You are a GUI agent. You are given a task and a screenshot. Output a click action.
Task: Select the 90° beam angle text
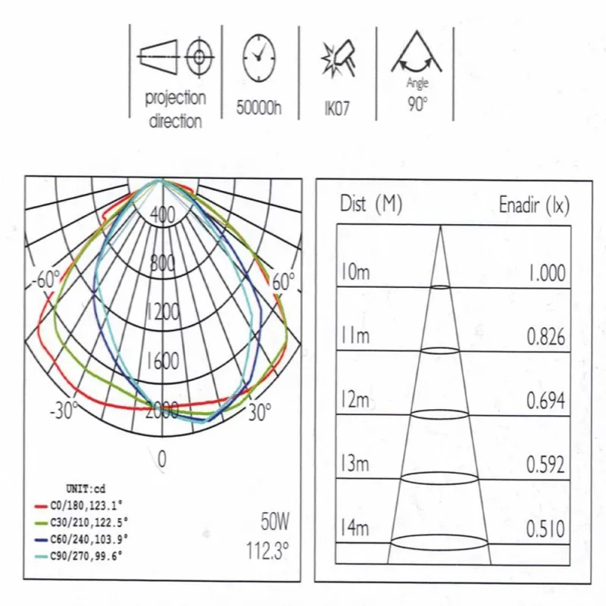(x=416, y=104)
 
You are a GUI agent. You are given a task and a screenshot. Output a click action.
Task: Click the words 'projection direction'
(x=175, y=109)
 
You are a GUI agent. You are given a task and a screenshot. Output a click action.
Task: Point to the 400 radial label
(x=162, y=216)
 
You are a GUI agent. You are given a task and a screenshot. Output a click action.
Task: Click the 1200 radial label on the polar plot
(x=162, y=312)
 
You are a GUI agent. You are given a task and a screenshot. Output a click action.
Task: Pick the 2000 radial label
(x=162, y=411)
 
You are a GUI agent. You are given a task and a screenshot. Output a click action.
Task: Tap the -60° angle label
(x=45, y=280)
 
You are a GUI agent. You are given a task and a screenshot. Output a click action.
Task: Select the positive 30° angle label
(x=258, y=413)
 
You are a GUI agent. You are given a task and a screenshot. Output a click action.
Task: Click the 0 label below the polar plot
(x=161, y=458)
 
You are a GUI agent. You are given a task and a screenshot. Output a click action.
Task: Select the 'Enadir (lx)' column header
(x=533, y=205)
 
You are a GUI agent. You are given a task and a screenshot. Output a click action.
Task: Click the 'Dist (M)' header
(x=371, y=205)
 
